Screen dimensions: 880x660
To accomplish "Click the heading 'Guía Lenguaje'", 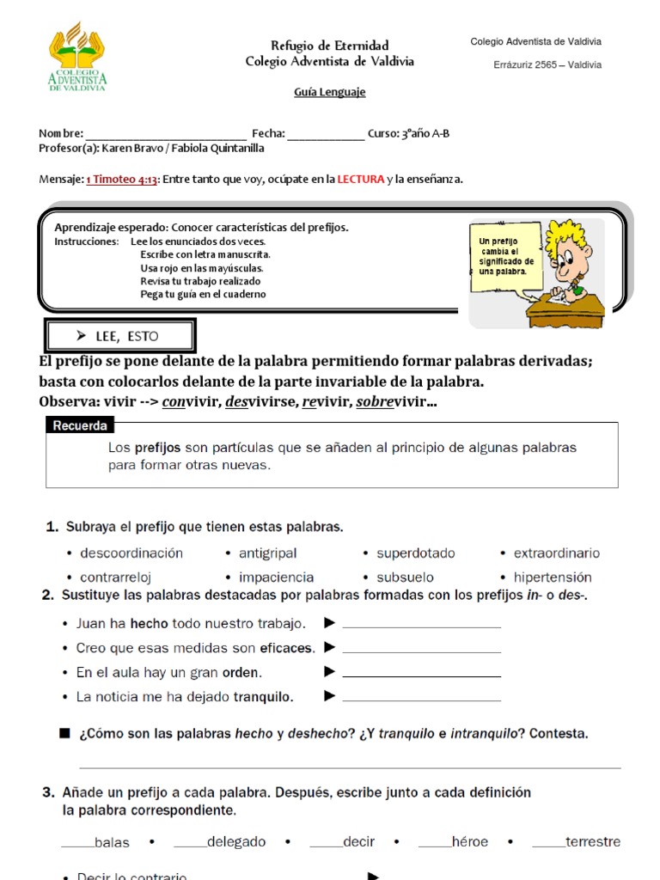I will pos(330,92).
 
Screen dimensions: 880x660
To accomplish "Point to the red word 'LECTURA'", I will pos(360,179).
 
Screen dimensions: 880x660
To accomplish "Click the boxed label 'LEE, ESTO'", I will pos(121,336).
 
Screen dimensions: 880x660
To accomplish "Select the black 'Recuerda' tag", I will pos(80,425).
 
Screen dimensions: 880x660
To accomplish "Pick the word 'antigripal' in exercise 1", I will pos(267,553).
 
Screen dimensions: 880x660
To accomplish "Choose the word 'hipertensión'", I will pos(553,577).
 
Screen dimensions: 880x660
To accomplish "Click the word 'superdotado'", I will pos(416,553).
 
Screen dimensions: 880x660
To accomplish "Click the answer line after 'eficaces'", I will pos(421,651).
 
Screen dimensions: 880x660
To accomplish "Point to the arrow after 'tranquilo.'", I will pos(329,696).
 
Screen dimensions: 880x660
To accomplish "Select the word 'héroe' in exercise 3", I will pos(469,842).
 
